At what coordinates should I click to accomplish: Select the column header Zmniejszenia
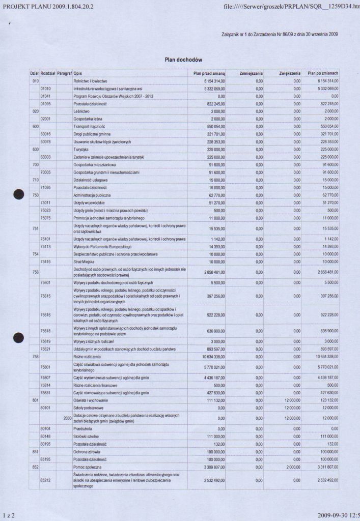tap(251, 73)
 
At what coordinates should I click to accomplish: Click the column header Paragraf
tap(64, 73)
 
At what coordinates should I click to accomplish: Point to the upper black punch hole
tap(19, 194)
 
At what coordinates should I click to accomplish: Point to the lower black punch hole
tap(19, 336)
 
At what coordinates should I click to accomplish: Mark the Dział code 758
tap(35, 357)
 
